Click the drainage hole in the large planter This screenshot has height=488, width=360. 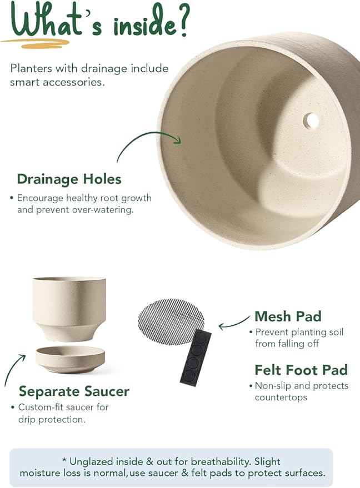tap(311, 120)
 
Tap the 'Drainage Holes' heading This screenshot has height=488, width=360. tap(69, 179)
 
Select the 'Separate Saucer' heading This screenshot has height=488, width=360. tap(74, 391)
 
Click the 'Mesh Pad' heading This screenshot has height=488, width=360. tap(288, 316)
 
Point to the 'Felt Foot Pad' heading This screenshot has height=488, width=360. tap(301, 370)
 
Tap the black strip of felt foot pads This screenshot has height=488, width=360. tap(196, 356)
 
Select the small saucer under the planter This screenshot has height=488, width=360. tap(70, 359)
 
